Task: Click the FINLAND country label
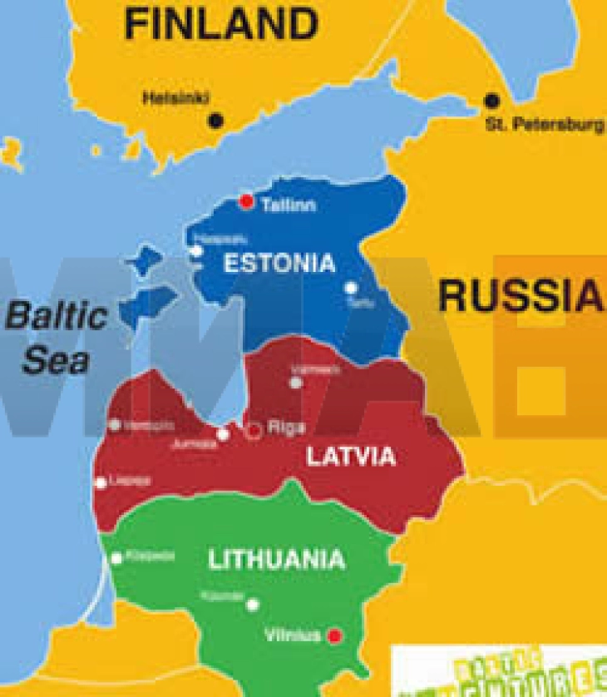(220, 24)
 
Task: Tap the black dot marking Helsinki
(216, 120)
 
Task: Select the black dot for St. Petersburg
(492, 101)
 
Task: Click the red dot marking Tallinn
(246, 201)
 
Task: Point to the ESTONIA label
(279, 264)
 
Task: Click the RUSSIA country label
(519, 296)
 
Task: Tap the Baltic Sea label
(57, 338)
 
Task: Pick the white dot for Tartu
(352, 288)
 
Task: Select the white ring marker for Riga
(254, 429)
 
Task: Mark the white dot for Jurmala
(223, 434)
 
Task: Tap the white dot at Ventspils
(115, 425)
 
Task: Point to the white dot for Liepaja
(101, 482)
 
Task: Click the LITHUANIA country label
(276, 560)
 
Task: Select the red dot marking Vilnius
(335, 636)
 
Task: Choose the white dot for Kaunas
(253, 605)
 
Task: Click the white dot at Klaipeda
(117, 558)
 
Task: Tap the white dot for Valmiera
(295, 383)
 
